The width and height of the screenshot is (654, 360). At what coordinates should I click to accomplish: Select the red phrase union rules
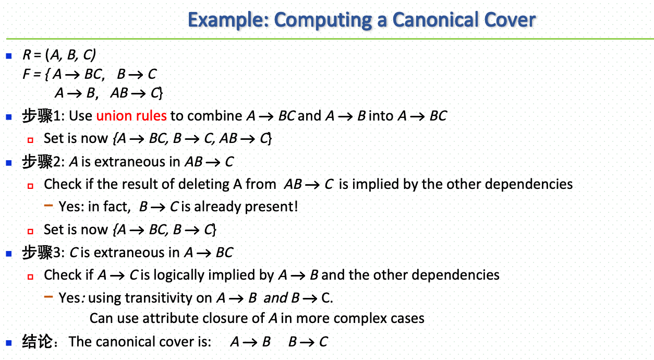click(x=131, y=115)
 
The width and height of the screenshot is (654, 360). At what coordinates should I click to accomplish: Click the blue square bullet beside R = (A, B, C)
click(x=8, y=55)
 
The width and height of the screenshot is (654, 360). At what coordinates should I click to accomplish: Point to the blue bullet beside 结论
click(x=8, y=342)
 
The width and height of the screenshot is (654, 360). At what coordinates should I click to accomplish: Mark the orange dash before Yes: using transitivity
click(x=49, y=296)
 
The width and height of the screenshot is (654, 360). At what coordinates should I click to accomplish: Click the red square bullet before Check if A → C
click(x=31, y=276)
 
